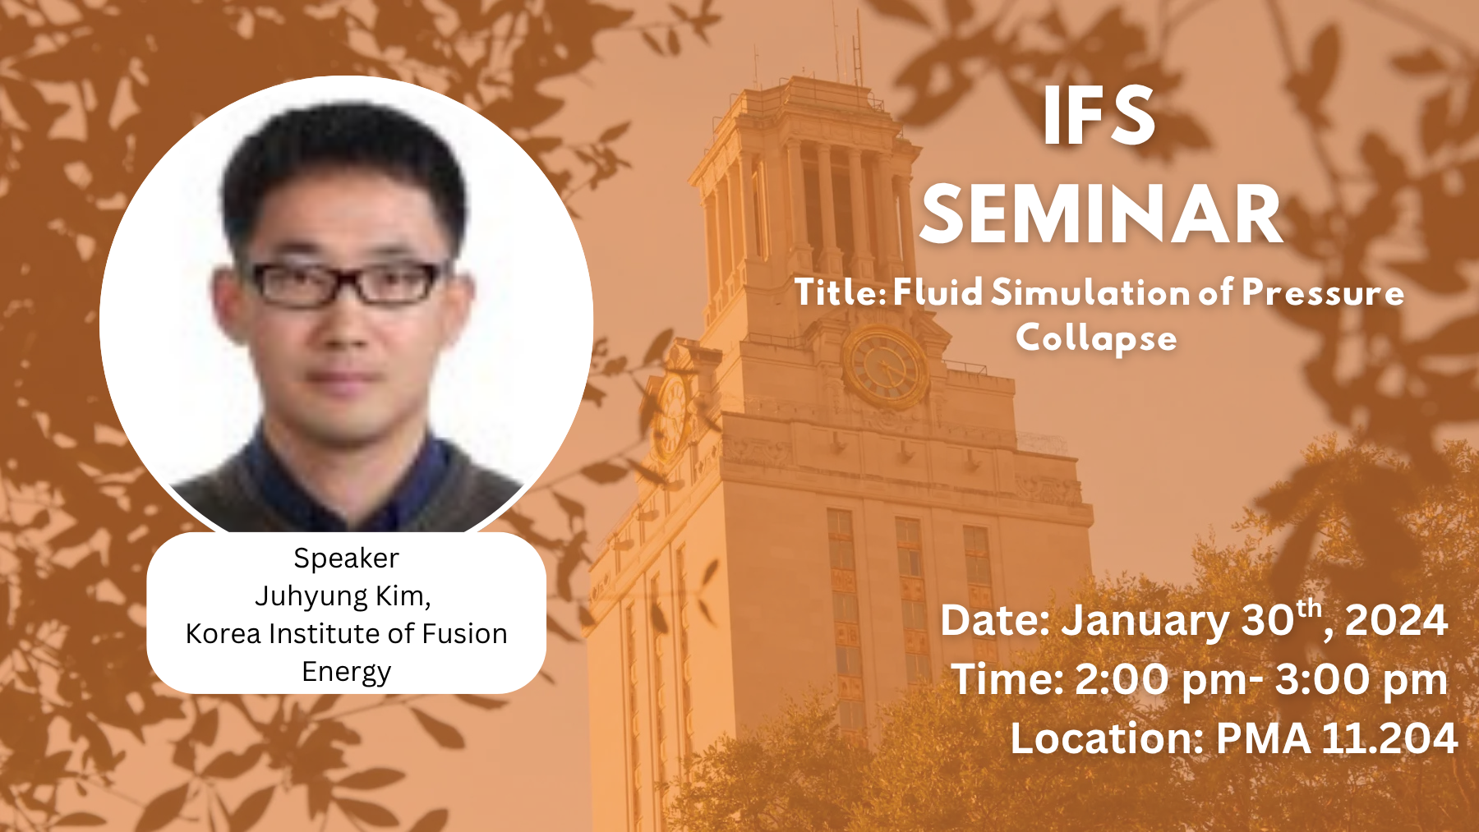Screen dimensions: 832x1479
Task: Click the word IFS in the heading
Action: (1099, 117)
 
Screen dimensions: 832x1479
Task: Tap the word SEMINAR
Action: (1101, 215)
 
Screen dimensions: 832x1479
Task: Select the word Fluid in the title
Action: (938, 292)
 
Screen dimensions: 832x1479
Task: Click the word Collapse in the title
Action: (1096, 338)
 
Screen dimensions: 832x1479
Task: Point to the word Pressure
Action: (1323, 292)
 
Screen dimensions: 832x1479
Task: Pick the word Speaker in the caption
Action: (346, 558)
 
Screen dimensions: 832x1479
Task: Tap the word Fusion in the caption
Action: (464, 633)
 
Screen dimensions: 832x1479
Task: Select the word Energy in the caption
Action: (346, 672)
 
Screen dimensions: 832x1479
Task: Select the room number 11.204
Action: (1389, 738)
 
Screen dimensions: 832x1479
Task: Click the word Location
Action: (1106, 738)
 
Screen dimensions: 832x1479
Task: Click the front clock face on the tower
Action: (885, 367)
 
